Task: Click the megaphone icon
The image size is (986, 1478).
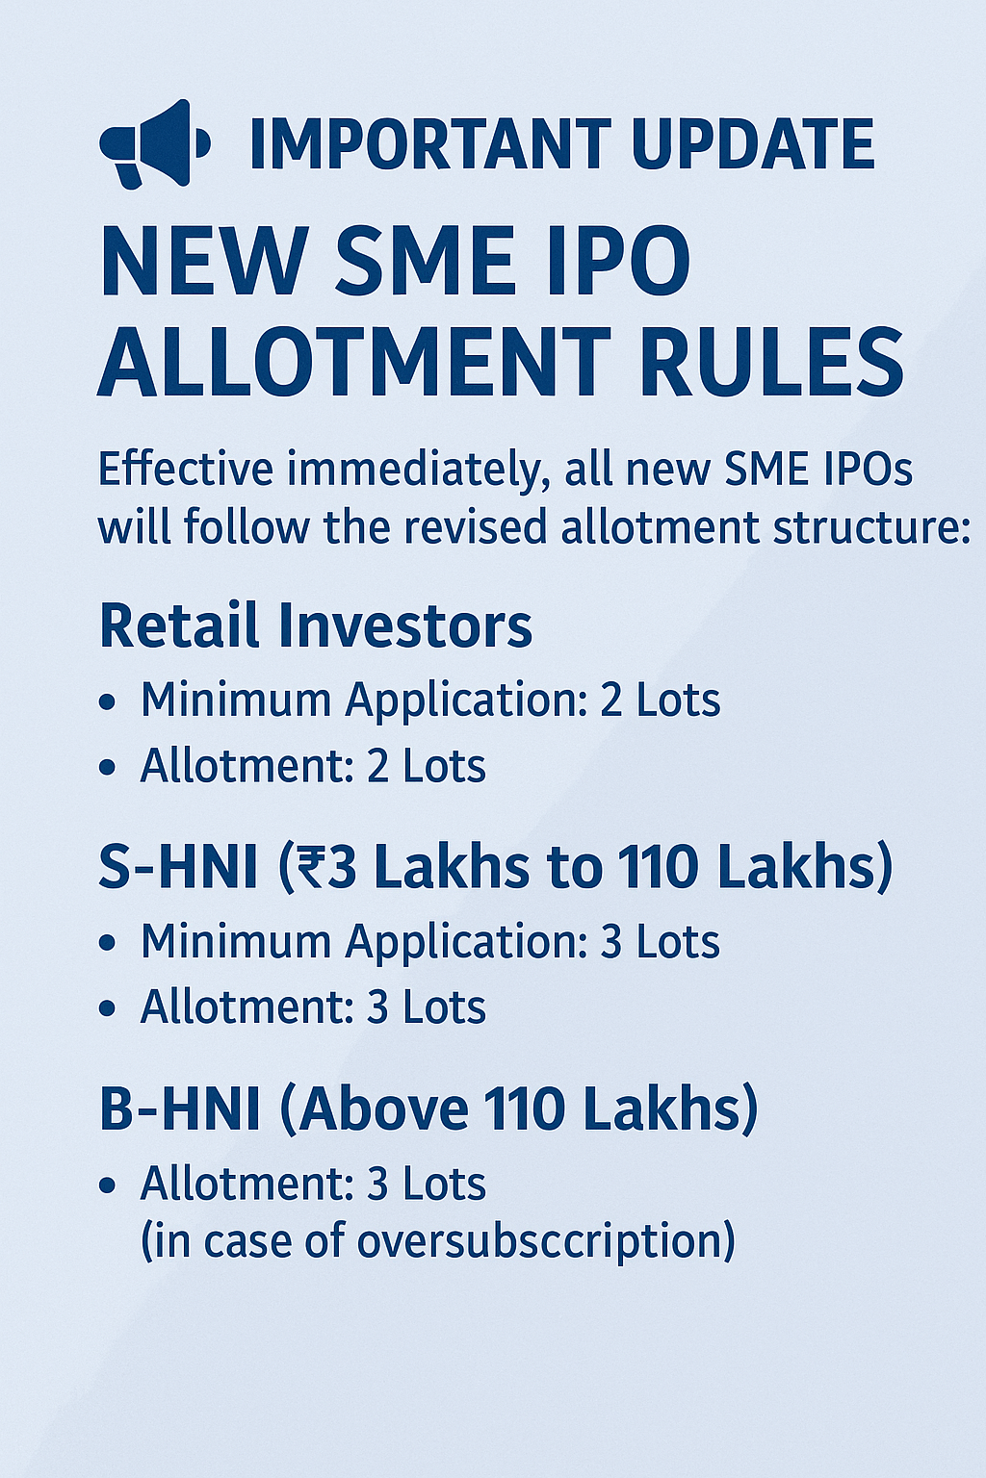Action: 153,143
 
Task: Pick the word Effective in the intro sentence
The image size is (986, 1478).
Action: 186,470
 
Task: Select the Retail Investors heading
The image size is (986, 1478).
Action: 316,625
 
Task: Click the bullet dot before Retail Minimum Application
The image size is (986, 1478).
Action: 107,702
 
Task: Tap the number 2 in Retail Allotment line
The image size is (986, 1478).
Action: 377,767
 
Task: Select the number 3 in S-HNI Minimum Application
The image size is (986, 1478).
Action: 610,942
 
